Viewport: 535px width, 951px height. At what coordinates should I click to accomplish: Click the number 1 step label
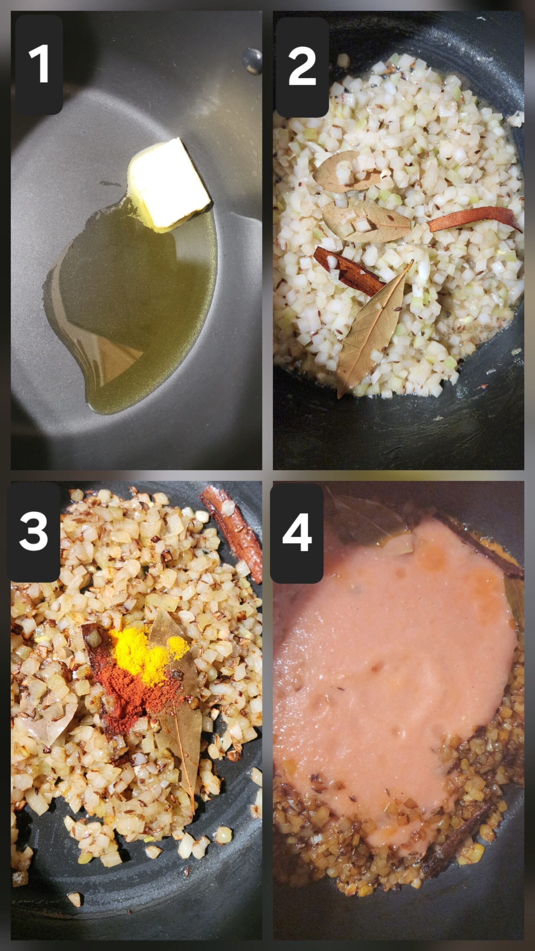pos(39,64)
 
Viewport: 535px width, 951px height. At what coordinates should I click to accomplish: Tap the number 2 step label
pos(302,67)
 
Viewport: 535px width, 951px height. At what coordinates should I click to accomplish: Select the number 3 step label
pos(33,532)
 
